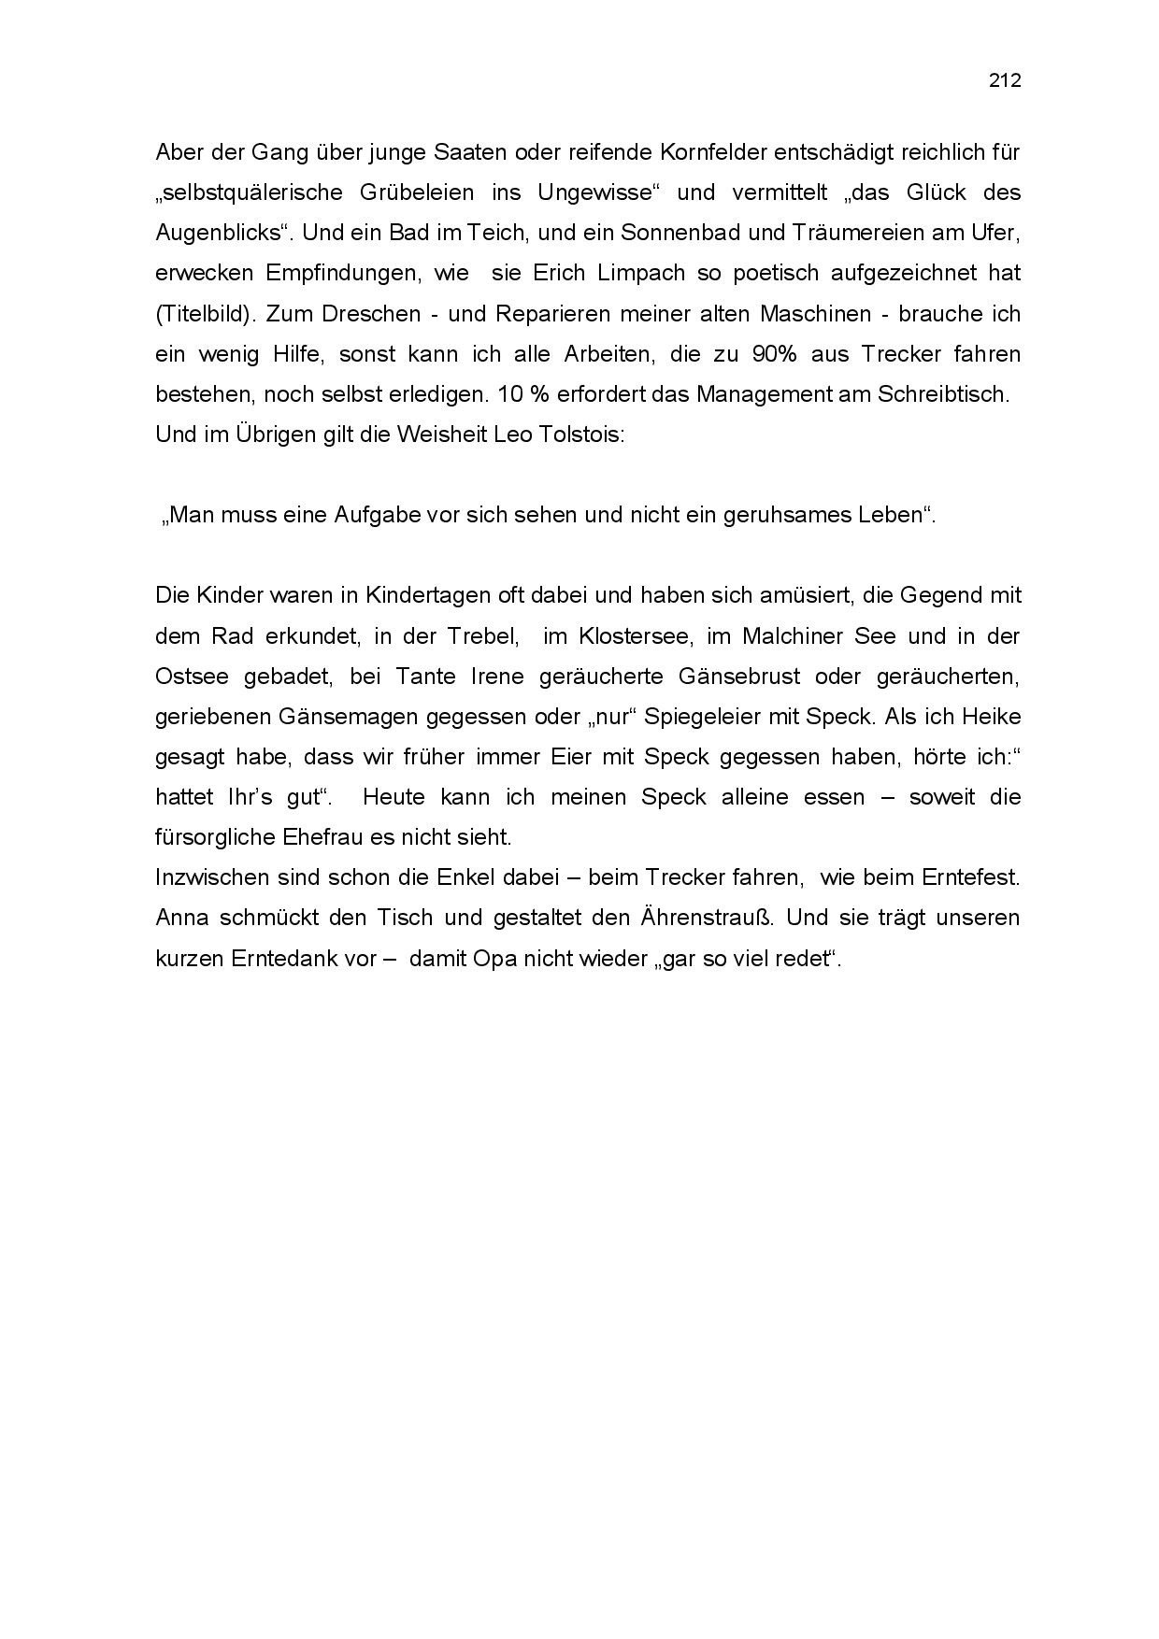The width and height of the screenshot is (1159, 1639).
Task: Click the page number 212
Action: [1005, 81]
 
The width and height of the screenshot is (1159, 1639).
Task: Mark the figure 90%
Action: [766, 354]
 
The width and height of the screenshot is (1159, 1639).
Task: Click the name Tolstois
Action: [579, 435]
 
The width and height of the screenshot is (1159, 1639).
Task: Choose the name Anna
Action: [181, 918]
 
